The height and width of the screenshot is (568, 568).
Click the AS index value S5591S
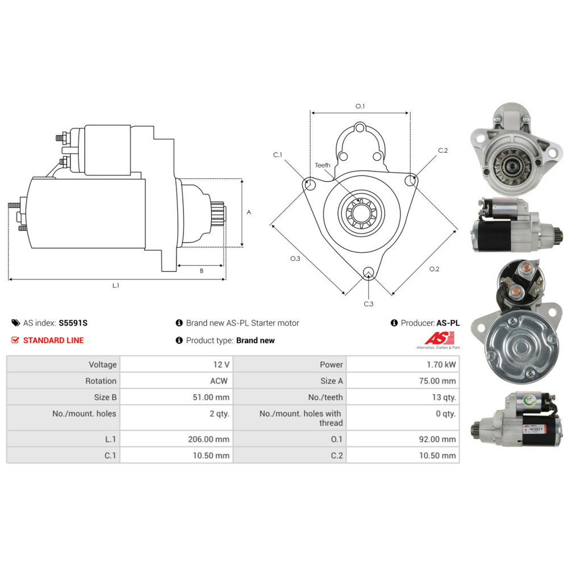click(73, 323)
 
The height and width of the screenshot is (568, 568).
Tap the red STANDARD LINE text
click(53, 340)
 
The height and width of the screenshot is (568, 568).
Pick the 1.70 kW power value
click(441, 365)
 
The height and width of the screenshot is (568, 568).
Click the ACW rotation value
click(219, 381)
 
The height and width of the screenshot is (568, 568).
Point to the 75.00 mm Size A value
click(437, 381)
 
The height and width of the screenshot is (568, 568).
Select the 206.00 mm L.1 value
click(208, 439)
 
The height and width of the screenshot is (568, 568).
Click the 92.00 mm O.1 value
click(437, 439)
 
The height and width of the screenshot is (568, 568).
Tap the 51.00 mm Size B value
click(211, 397)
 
